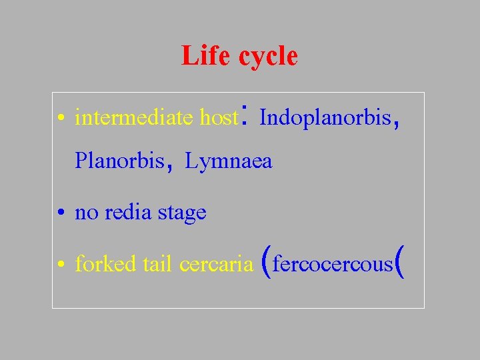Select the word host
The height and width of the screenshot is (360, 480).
click(218, 118)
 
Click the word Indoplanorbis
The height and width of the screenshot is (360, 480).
click(325, 118)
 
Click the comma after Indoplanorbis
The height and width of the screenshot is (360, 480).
click(397, 123)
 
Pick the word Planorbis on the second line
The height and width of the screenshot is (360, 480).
click(119, 161)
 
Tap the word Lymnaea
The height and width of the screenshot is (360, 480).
click(229, 161)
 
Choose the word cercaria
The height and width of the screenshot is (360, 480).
click(216, 265)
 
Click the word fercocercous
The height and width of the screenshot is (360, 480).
click(333, 265)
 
